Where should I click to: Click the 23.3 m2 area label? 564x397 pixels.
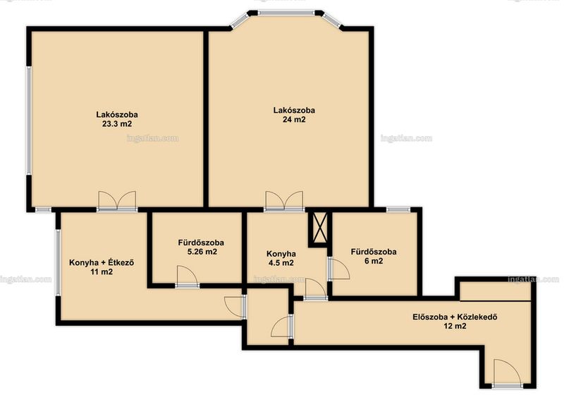(117, 124)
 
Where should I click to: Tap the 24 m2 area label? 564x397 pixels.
(294, 120)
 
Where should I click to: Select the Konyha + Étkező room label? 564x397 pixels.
(102, 262)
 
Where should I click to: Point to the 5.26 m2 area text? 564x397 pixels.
(202, 252)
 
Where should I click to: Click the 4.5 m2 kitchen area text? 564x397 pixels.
(281, 263)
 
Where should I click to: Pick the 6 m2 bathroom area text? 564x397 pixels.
(374, 261)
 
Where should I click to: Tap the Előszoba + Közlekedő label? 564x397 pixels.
(455, 317)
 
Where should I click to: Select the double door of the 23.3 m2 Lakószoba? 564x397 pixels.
(117, 201)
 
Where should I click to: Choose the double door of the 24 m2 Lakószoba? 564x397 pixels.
(284, 201)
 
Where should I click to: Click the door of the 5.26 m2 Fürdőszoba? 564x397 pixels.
(187, 276)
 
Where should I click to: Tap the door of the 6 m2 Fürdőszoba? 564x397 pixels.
(338, 269)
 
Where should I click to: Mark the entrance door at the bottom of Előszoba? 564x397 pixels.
(507, 373)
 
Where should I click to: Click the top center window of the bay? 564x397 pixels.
(286, 13)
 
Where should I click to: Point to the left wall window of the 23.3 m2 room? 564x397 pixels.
(29, 121)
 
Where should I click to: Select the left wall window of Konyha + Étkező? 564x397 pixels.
(58, 262)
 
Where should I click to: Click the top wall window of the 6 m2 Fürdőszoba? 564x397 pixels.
(398, 209)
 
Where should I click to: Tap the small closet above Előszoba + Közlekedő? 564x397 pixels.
(496, 291)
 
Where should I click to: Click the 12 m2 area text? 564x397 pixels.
(455, 326)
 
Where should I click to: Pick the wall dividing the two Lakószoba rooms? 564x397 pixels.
(206, 118)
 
